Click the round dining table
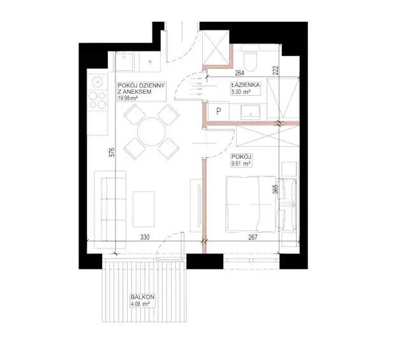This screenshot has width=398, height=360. pyautogui.click(x=152, y=131)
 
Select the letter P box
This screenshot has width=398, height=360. pyautogui.click(x=218, y=111)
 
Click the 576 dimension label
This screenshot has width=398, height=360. pyautogui.click(x=112, y=152)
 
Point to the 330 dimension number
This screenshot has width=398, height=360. pyautogui.click(x=145, y=237)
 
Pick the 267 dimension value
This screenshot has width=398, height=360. pyautogui.click(x=253, y=237)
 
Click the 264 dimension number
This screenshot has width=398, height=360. pyautogui.click(x=239, y=73)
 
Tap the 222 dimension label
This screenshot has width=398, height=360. pyautogui.click(x=276, y=70)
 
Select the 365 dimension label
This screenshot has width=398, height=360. pyautogui.click(x=276, y=190)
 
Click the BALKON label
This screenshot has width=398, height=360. pyautogui.click(x=143, y=297)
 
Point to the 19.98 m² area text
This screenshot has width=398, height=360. pyautogui.click(x=128, y=98)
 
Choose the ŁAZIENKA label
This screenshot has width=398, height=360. pyautogui.click(x=245, y=85)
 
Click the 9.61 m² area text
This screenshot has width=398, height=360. pyautogui.click(x=241, y=164)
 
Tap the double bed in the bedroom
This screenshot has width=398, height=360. pyautogui.click(x=261, y=204)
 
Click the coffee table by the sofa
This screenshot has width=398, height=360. pyautogui.click(x=144, y=209)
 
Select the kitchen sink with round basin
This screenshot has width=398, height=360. pyautogui.click(x=98, y=82)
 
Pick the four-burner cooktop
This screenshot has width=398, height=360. pyautogui.click(x=98, y=100)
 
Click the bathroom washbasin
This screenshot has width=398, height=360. pyautogui.click(x=251, y=112)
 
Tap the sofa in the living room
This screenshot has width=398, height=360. pyautogui.click(x=110, y=209)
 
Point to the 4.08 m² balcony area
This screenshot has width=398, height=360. pyautogui.click(x=140, y=304)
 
